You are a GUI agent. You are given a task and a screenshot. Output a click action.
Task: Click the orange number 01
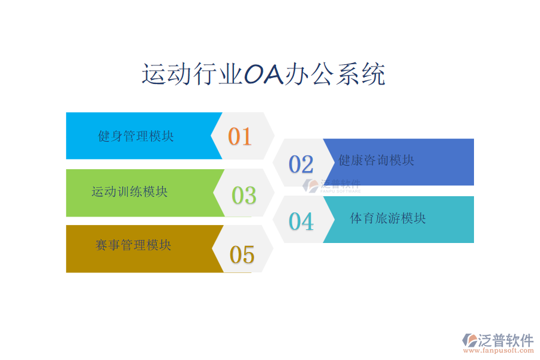point(239,136)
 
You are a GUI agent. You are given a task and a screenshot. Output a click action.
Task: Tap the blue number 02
point(301,164)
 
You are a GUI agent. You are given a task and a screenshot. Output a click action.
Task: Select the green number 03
point(244,196)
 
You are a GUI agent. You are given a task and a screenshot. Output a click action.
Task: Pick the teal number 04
point(301,221)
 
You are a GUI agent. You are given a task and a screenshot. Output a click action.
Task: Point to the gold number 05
point(242,254)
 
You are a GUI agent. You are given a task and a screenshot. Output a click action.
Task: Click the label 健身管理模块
point(136,136)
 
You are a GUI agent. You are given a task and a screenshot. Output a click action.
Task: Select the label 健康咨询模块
point(376,160)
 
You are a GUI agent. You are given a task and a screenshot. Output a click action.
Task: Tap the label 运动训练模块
point(130,191)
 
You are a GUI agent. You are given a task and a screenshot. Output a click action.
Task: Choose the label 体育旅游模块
point(388,218)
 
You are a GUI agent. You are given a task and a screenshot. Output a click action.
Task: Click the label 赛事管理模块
point(133,245)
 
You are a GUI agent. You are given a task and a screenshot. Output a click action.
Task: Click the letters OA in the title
point(264,74)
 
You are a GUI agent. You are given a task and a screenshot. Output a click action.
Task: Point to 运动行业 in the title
point(193,74)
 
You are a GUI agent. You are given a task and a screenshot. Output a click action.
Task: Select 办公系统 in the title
point(335,74)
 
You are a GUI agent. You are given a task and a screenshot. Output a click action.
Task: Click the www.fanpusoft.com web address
point(499,350)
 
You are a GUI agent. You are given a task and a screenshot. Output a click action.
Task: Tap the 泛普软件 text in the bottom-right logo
point(506,340)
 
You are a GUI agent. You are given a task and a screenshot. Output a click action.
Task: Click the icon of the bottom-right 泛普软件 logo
point(470,340)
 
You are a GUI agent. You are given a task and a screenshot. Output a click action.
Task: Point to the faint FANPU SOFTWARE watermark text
point(341,191)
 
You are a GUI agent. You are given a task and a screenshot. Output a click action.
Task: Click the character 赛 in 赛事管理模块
point(101,245)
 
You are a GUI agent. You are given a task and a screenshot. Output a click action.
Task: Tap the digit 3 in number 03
point(250,196)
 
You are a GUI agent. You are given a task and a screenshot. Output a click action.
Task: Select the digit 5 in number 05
point(248,255)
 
